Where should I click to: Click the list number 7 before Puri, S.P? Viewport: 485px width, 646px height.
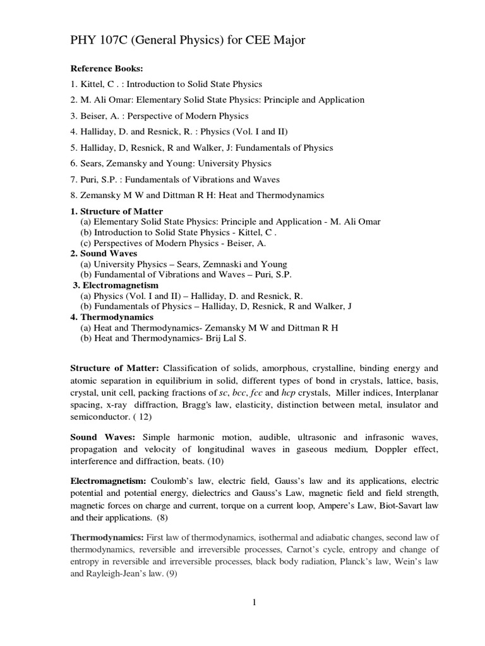point(73,180)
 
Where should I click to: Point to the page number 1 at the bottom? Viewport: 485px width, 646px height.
point(254,603)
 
